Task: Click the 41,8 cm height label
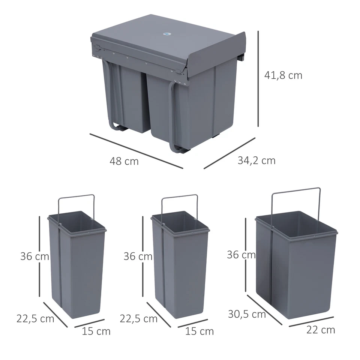[x=283, y=75]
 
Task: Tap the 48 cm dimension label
[x=124, y=161]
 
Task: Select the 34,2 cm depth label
[x=256, y=160]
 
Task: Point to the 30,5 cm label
[x=247, y=314]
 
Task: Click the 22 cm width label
[x=321, y=330]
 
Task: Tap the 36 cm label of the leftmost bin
[x=35, y=256]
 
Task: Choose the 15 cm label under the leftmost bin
[x=96, y=331]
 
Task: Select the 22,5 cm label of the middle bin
[x=138, y=319]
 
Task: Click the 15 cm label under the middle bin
[x=199, y=331]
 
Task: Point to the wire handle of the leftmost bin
[x=76, y=196]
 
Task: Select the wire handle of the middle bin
[x=180, y=196]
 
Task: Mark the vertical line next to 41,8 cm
[x=258, y=79]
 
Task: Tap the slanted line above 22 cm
[x=311, y=321]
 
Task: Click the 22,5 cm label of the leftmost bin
[x=35, y=319]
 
